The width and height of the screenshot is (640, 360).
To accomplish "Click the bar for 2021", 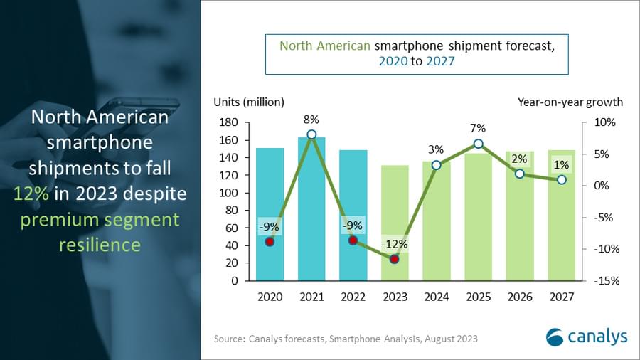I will point(311,213).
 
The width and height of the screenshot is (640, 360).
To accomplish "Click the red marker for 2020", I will point(270,242).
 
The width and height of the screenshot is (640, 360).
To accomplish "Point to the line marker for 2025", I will point(478,144).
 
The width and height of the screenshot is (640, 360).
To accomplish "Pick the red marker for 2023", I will point(395,259).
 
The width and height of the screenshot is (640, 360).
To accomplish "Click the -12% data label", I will point(394,244).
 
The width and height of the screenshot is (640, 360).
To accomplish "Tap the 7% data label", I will point(478,128).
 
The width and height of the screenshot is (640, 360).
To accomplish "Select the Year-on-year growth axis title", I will point(570,102).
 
